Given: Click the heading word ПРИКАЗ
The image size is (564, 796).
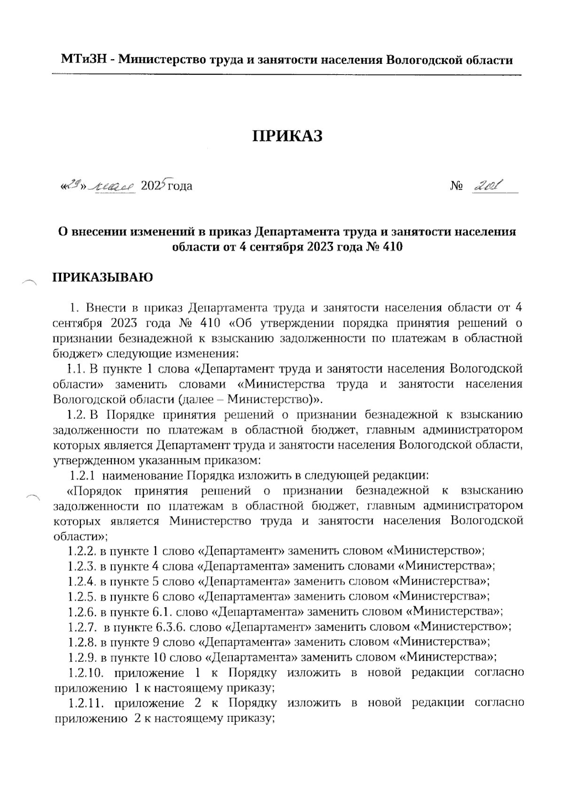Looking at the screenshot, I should [x=288, y=136].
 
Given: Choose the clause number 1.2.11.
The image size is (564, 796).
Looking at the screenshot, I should [x=86, y=703].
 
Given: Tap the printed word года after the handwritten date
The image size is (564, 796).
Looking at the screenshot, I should [x=180, y=186].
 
